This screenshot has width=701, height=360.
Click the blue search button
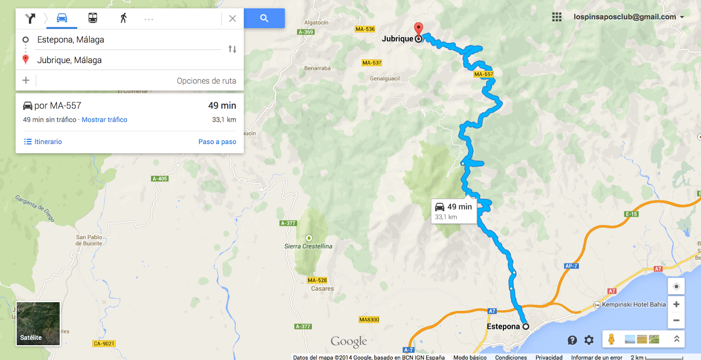click(x=264, y=18)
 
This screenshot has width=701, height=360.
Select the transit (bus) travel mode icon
click(x=92, y=18)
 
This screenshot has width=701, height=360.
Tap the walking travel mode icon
click(x=124, y=18)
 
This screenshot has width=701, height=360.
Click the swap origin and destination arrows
click(x=232, y=49)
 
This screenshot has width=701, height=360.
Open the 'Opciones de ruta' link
click(x=206, y=81)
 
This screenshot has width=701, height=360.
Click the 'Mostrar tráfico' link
click(x=104, y=120)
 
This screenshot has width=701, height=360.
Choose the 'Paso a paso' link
click(x=217, y=141)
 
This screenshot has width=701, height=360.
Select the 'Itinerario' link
click(x=43, y=141)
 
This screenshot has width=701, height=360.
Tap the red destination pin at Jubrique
click(x=419, y=29)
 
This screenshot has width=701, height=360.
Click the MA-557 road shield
click(x=484, y=74)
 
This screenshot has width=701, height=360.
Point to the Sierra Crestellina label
click(x=308, y=246)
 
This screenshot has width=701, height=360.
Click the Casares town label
click(x=322, y=289)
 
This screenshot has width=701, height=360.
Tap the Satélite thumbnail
click(x=38, y=324)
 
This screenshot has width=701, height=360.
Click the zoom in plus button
click(x=676, y=304)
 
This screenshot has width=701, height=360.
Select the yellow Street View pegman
click(x=611, y=339)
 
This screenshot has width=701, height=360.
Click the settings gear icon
click(x=589, y=340)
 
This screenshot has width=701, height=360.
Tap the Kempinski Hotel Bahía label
click(x=634, y=304)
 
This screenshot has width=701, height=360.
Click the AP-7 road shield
click(x=571, y=266)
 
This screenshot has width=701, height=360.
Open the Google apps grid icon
click(x=557, y=17)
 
